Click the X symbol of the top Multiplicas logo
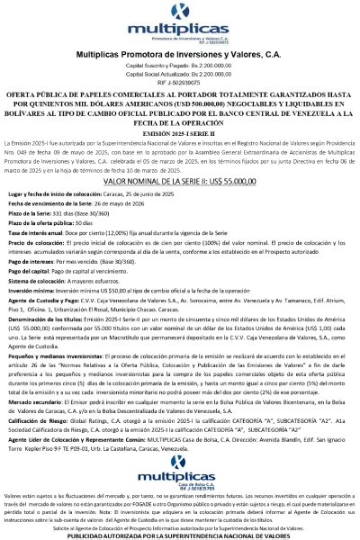click(x=180, y=13)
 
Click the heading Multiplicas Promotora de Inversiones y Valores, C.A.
click(x=180, y=55)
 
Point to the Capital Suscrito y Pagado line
click(x=180, y=67)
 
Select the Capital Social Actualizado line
click(x=180, y=75)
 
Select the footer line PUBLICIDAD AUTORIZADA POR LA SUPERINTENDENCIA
click(x=180, y=534)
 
